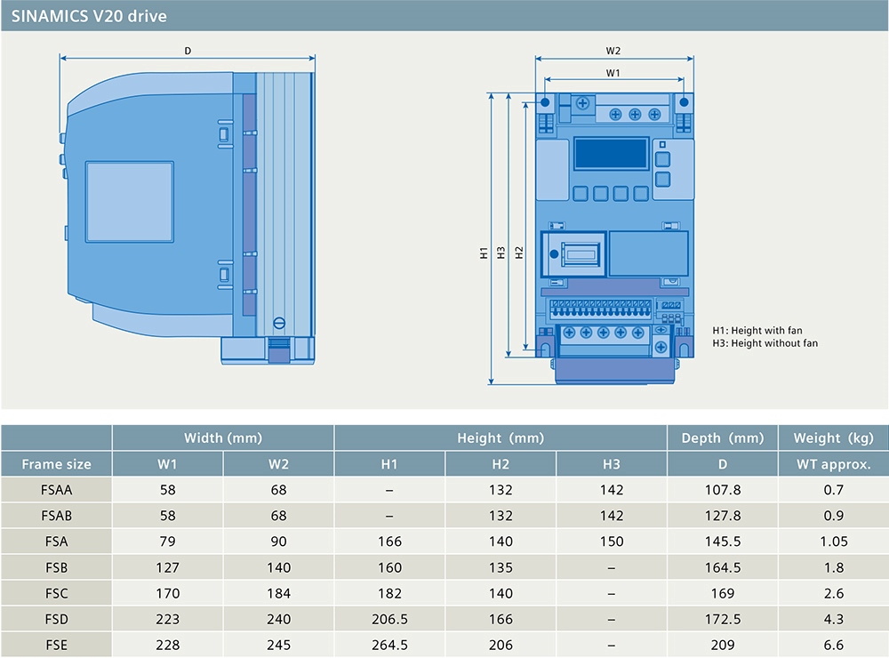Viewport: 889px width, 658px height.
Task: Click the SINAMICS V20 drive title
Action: coord(89,16)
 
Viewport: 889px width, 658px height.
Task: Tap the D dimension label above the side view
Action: coord(188,51)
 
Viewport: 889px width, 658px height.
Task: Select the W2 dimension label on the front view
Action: coord(613,51)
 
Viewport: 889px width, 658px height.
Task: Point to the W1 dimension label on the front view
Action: coord(613,73)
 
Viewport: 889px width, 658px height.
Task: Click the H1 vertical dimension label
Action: coord(484,253)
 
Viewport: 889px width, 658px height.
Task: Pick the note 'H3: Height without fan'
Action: coord(765,343)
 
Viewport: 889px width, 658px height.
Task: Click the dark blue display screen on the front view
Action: coord(612,154)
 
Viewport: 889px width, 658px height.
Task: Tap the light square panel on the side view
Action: coord(129,202)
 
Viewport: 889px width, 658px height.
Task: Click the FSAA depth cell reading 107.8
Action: coord(722,490)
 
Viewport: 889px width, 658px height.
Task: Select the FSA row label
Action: coord(56,542)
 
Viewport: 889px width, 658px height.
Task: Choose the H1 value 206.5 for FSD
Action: coord(389,620)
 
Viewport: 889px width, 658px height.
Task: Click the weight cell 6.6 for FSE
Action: coord(834,645)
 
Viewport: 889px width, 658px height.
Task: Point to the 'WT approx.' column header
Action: coord(834,464)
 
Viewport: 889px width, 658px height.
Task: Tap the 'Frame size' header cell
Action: coord(56,464)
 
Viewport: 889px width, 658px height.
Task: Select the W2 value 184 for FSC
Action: coord(278,593)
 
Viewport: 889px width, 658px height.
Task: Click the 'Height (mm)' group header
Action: coord(500,437)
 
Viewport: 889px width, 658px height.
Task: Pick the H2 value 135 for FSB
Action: coord(501,567)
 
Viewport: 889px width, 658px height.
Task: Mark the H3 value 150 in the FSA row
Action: coord(612,542)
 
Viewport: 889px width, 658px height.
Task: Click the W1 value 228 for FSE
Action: coord(167,645)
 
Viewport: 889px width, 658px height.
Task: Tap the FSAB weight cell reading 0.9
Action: coord(834,516)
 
